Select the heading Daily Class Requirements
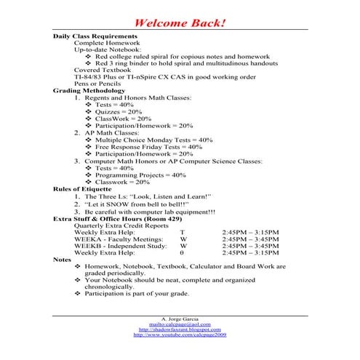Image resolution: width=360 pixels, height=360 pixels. (95, 36)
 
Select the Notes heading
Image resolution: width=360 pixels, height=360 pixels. (63, 259)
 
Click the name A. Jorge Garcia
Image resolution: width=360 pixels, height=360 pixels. (180, 320)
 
